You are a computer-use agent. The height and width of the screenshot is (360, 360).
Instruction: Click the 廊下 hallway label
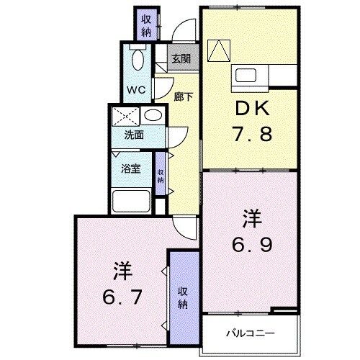point(183,96)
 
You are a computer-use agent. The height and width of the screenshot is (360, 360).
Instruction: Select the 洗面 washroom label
point(133,134)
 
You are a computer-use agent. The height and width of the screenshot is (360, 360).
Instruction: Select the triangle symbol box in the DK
point(217,48)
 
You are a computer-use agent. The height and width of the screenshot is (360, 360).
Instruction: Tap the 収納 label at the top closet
point(146,24)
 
